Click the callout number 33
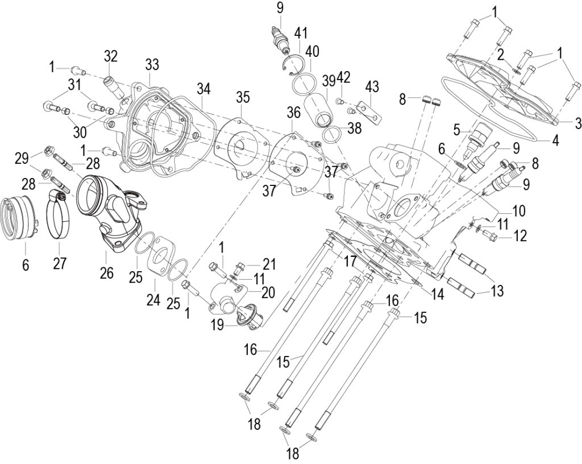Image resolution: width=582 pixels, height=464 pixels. (152, 65)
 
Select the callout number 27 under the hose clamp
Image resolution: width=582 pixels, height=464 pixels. (59, 263)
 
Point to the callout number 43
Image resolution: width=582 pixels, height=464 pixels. (372, 87)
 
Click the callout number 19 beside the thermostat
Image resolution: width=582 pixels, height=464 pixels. (218, 326)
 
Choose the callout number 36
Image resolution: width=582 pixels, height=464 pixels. (293, 113)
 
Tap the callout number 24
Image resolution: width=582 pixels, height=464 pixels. (153, 299)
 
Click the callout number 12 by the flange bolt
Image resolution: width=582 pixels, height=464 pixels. (521, 236)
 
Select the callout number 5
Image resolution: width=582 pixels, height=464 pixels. (457, 130)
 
